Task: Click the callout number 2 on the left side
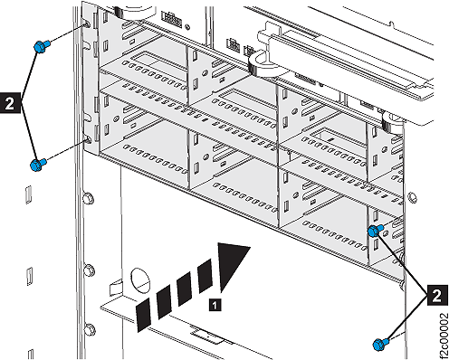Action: tap(10, 104)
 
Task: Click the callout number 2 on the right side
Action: tap(436, 293)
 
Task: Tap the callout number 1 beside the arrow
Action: tap(213, 306)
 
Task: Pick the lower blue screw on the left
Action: tap(37, 165)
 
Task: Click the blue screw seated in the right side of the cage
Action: tap(374, 232)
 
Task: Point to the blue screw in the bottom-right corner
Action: tap(379, 343)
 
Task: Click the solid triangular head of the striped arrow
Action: tap(234, 258)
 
